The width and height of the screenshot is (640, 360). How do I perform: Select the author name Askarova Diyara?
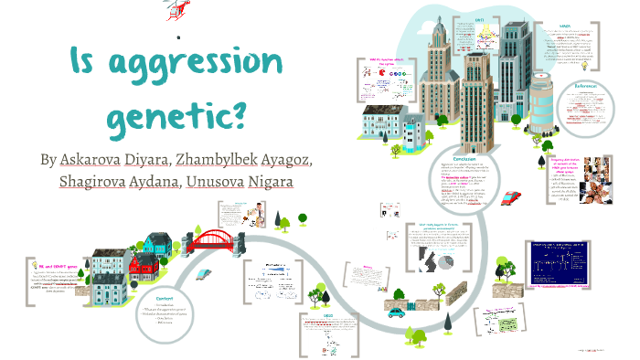click(x=114, y=159)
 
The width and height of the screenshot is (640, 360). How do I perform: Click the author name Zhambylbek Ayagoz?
click(x=244, y=159)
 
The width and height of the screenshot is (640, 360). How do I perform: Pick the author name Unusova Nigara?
click(x=239, y=182)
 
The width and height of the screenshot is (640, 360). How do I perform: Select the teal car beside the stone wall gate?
click(x=396, y=312)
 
